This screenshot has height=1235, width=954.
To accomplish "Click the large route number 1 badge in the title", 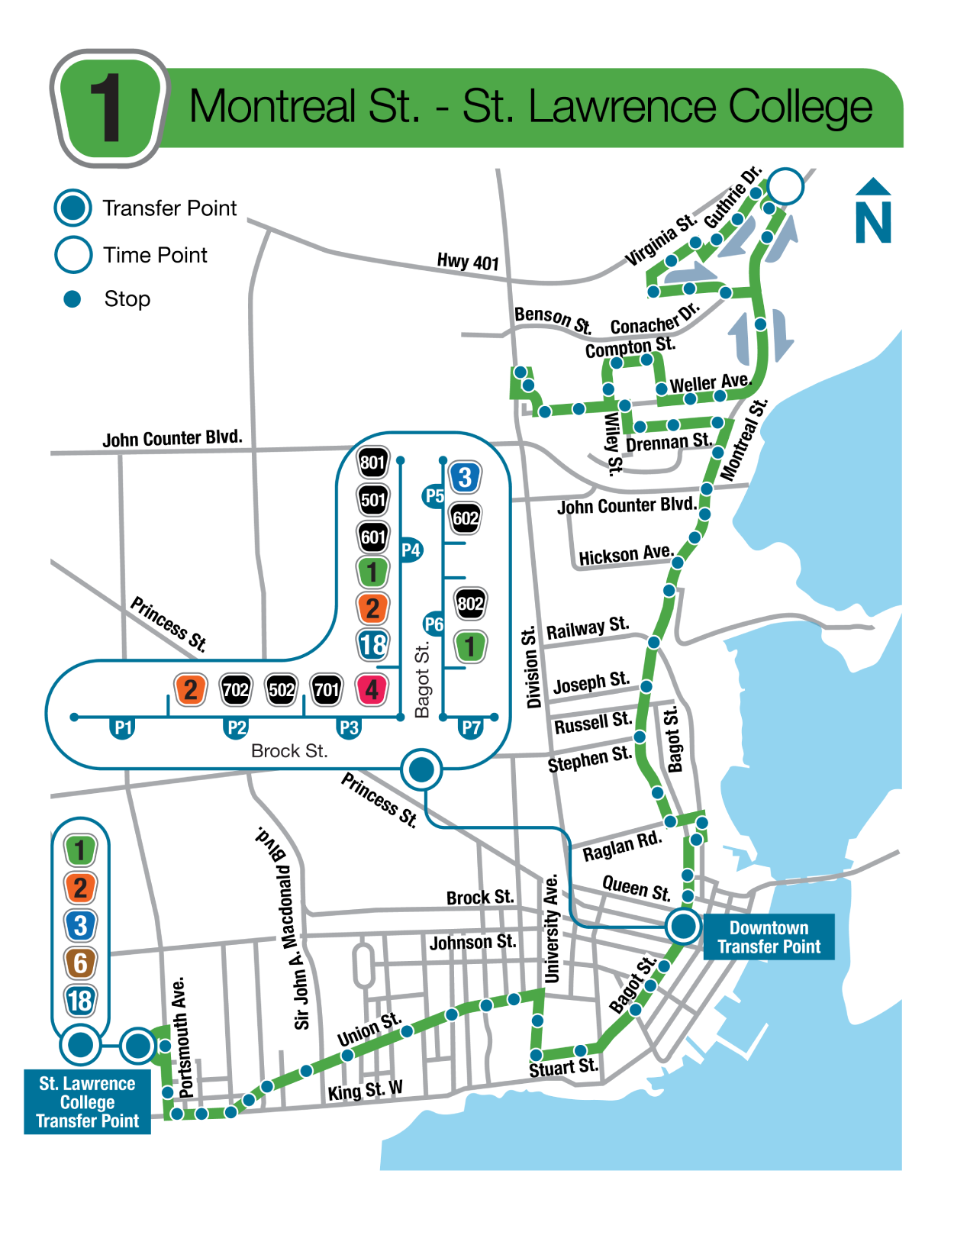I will point(108,108).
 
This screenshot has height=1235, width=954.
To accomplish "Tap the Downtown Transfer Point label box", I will point(768,937).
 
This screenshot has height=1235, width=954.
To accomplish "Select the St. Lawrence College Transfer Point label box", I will point(87,1102).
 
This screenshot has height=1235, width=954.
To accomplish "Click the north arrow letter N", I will point(873,222).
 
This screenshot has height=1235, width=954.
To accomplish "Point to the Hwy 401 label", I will point(467,262).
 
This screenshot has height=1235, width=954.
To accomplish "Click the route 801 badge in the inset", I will point(372,463).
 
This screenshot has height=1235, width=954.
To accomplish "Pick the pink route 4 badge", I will point(372,690).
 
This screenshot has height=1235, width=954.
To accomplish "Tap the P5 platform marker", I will point(433,496).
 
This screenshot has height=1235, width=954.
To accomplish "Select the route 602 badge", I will point(466,518).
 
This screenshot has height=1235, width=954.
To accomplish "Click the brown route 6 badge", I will point(80,963).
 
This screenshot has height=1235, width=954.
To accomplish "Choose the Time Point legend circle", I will point(73,255).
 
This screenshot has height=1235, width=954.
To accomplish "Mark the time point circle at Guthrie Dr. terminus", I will point(785,186).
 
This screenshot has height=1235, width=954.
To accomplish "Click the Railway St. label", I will point(587,628).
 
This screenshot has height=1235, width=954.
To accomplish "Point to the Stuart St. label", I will point(563,1068).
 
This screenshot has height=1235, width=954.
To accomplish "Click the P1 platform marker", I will point(123,727).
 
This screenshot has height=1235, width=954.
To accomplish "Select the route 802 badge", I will point(470,605).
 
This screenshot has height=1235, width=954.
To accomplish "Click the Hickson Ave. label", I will point(625,555).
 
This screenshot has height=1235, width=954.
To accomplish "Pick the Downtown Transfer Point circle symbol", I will point(683,927).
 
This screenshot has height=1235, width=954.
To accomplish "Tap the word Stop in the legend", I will point(127,299).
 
